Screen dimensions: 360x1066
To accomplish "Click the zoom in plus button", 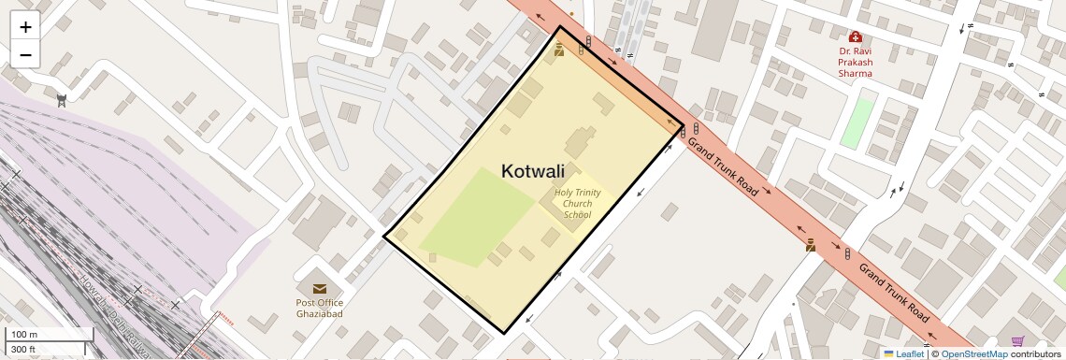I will tap(25, 27).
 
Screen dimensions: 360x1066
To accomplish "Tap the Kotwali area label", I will tap(533, 171).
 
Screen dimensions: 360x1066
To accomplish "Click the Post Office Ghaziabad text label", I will tap(320, 308).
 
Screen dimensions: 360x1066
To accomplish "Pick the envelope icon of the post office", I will tap(320, 289).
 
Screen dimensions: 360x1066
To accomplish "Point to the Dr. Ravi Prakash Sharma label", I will tap(855, 62).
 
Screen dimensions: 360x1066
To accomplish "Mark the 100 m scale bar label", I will tap(24, 335).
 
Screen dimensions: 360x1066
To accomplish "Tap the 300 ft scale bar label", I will tap(23, 350).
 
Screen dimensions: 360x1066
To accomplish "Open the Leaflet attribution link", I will tap(909, 354).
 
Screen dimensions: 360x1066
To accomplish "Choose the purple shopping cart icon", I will tap(1017, 341).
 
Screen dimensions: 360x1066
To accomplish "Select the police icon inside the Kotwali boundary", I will tap(558, 50).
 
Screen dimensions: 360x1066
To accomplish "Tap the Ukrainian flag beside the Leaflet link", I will tap(888, 354).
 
